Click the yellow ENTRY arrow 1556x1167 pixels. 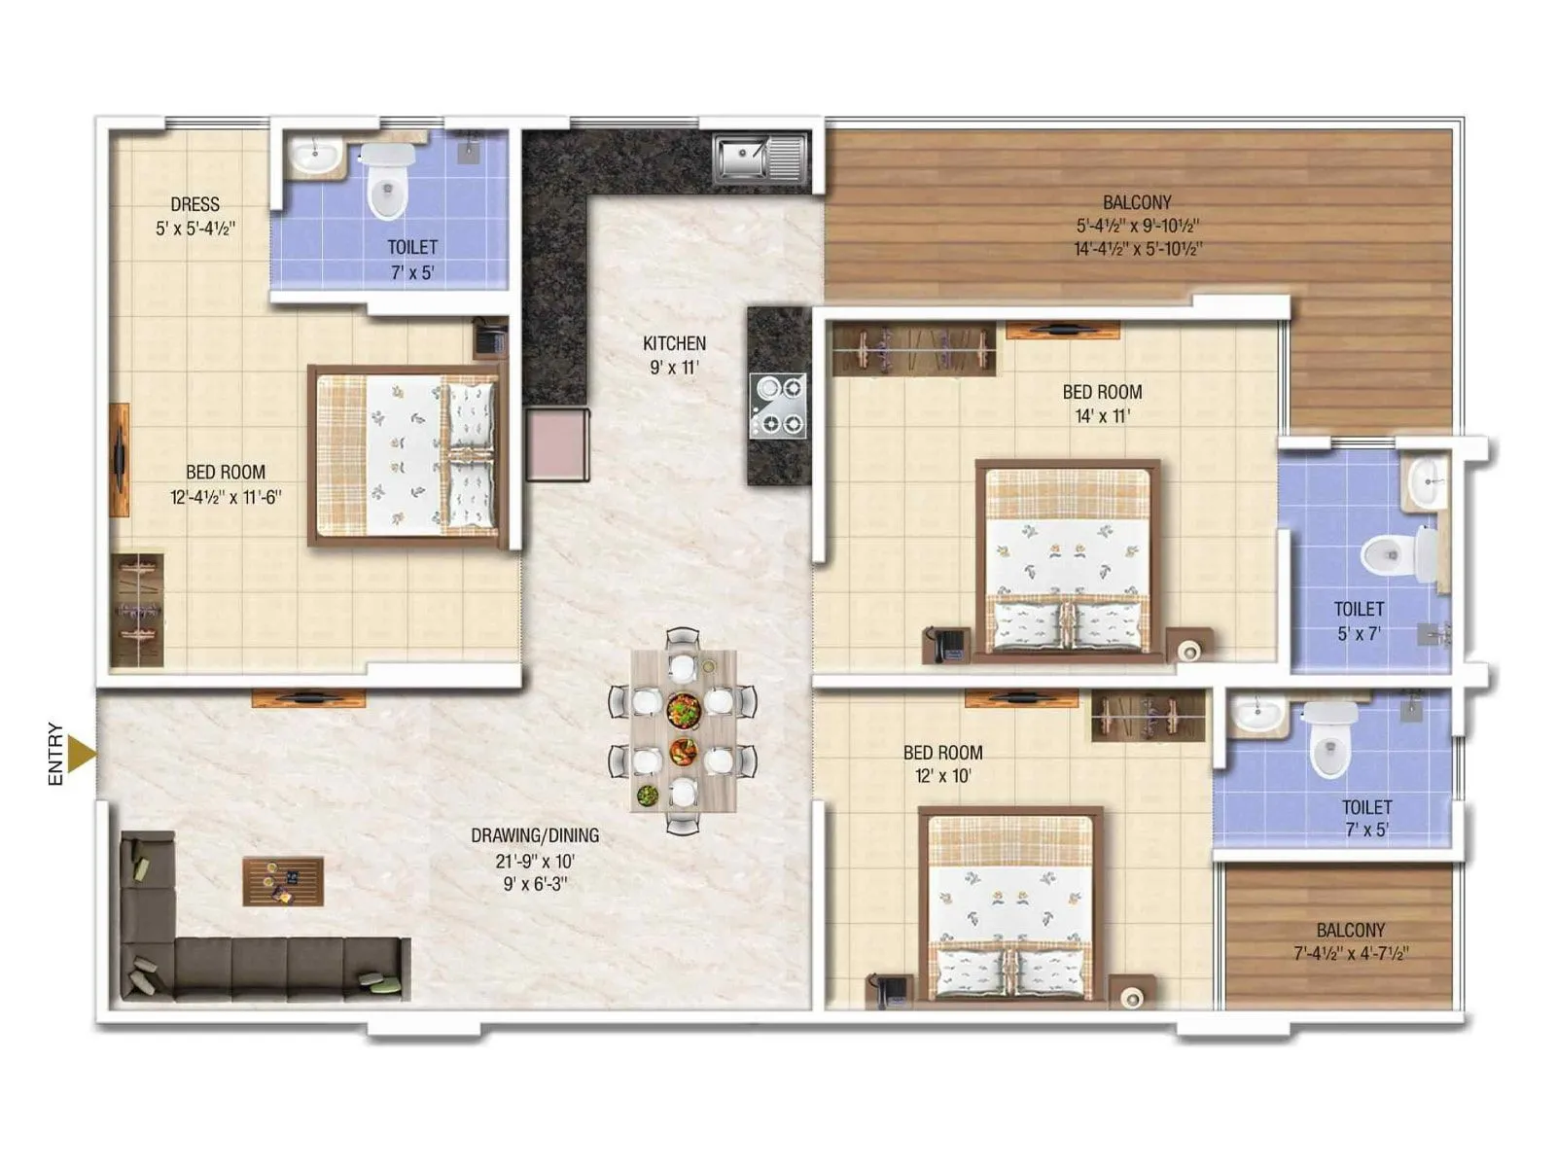pos(83,755)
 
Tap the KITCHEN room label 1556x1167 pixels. pos(674,343)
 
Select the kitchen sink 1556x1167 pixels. pos(760,159)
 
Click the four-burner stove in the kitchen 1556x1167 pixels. pos(778,406)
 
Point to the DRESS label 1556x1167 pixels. pos(194,204)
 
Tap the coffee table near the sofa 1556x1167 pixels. pos(283,881)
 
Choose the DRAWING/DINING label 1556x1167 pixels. pos(535,835)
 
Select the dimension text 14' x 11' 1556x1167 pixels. pos(1102,416)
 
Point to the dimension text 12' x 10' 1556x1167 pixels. pos(942,776)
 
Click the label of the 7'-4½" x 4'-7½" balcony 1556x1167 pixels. pos(1350,931)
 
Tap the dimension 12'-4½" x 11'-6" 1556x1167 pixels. pos(226,497)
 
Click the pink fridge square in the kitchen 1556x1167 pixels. pos(557,443)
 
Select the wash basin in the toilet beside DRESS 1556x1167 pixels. pos(315,155)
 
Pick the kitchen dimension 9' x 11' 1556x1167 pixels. pos(674,368)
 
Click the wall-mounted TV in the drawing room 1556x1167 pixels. pos(308,697)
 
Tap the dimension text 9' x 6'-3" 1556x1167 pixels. pos(535,884)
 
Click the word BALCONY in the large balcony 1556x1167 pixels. pos(1137,202)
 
